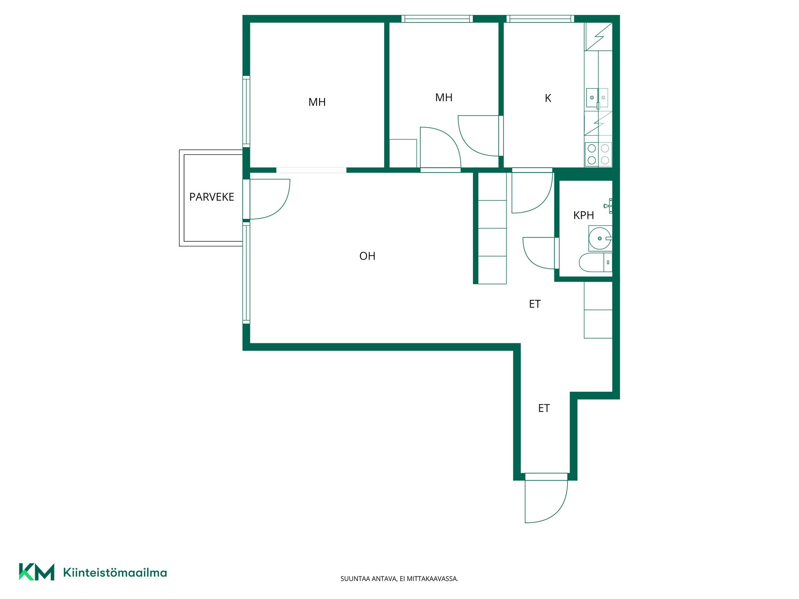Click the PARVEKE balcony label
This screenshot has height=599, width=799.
(x=211, y=197)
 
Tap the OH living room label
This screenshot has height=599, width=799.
(x=367, y=256)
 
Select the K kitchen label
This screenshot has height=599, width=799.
(x=548, y=98)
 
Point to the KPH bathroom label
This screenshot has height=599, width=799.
(x=583, y=215)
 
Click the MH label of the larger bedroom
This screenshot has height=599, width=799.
(x=317, y=102)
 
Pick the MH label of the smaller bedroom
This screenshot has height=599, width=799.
(x=444, y=97)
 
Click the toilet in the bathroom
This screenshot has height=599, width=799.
(x=596, y=262)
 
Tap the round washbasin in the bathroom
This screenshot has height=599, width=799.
(x=600, y=238)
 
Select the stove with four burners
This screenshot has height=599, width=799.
(x=598, y=154)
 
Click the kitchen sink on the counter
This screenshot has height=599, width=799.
(x=598, y=98)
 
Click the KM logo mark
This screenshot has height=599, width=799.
(x=37, y=572)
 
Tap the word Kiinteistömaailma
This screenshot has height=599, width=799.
(x=115, y=572)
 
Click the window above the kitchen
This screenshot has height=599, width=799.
(x=540, y=19)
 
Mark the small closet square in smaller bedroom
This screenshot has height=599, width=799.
(x=403, y=153)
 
